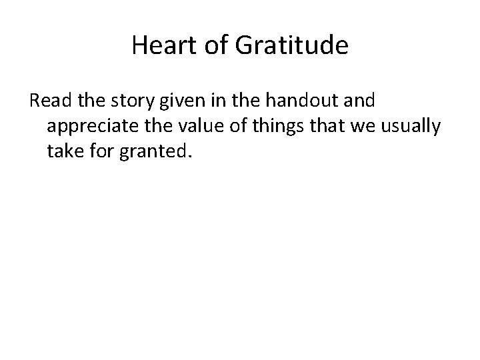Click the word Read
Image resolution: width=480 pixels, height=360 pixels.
(47, 101)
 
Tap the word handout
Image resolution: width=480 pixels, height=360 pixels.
(297, 101)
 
